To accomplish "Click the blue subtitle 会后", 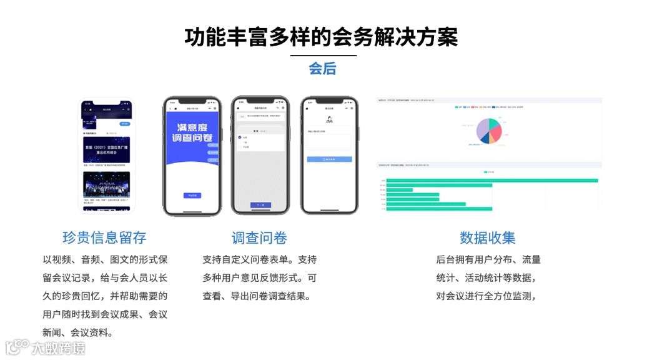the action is (322, 69).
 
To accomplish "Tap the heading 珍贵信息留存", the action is (104, 237).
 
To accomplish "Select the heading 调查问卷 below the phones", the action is (259, 237).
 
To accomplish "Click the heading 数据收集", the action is (488, 237).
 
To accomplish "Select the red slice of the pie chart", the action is (496, 132).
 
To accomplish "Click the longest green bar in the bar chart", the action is (492, 181).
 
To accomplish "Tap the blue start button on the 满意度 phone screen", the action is (192, 196).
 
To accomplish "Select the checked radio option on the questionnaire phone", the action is (240, 137).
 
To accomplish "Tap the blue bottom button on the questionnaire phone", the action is (260, 205).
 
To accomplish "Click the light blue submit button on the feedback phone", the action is (329, 159).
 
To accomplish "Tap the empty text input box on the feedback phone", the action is (329, 141).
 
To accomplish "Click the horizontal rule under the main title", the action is (323, 56).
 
